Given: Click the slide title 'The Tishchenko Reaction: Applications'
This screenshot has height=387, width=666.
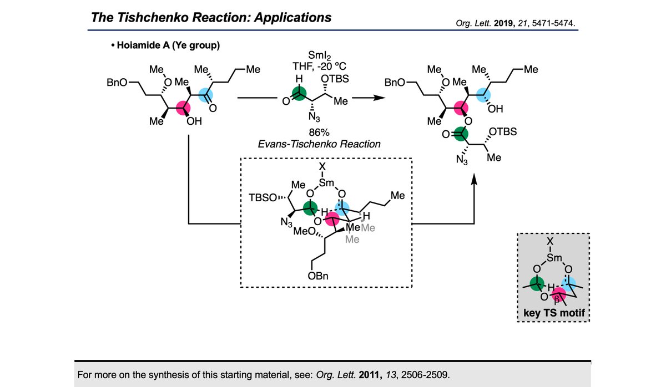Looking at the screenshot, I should tap(211, 17).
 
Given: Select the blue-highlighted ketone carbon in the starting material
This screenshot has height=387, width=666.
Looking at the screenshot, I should tap(204, 94).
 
